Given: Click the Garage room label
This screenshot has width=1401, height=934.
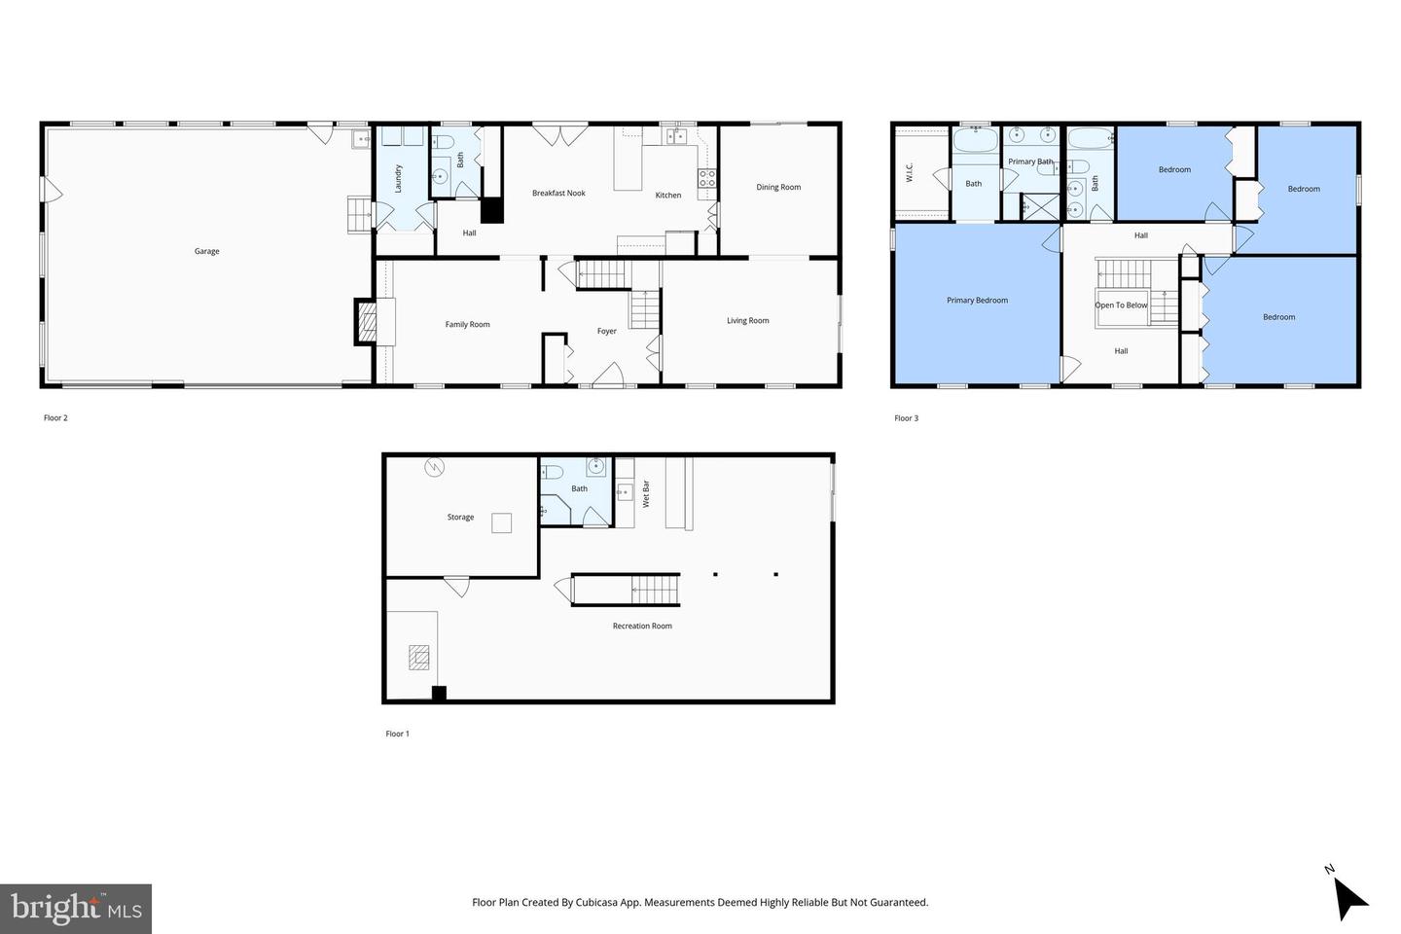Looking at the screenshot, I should tap(206, 251).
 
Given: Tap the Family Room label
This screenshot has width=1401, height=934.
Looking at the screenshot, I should tap(467, 324).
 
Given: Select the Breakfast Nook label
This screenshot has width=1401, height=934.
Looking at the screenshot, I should tap(558, 193).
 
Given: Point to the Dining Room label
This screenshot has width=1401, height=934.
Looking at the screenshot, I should tap(778, 187).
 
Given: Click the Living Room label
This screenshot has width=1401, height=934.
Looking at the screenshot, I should tap(747, 320).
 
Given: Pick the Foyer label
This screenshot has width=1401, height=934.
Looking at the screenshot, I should tap(606, 331).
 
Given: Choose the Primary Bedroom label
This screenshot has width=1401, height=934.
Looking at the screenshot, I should tap(977, 300).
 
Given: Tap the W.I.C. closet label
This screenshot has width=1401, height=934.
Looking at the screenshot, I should tap(909, 172).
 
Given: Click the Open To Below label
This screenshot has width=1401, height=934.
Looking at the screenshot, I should tap(1121, 305).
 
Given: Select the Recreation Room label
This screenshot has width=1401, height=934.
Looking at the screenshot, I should tap(642, 626).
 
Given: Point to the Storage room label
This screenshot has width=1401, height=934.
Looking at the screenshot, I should tap(460, 517).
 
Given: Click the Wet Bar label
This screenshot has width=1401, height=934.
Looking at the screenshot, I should tap(645, 493).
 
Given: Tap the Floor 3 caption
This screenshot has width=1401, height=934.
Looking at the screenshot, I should tap(906, 418).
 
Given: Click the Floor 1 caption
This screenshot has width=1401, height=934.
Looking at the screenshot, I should tap(397, 734).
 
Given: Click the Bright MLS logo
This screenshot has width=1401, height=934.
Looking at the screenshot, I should tap(76, 909).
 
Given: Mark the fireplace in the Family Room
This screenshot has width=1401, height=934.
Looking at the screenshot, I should tap(367, 322).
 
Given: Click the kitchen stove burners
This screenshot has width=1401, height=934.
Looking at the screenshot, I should tap(707, 178).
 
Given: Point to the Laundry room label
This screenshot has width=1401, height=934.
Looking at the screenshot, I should tap(398, 178).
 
